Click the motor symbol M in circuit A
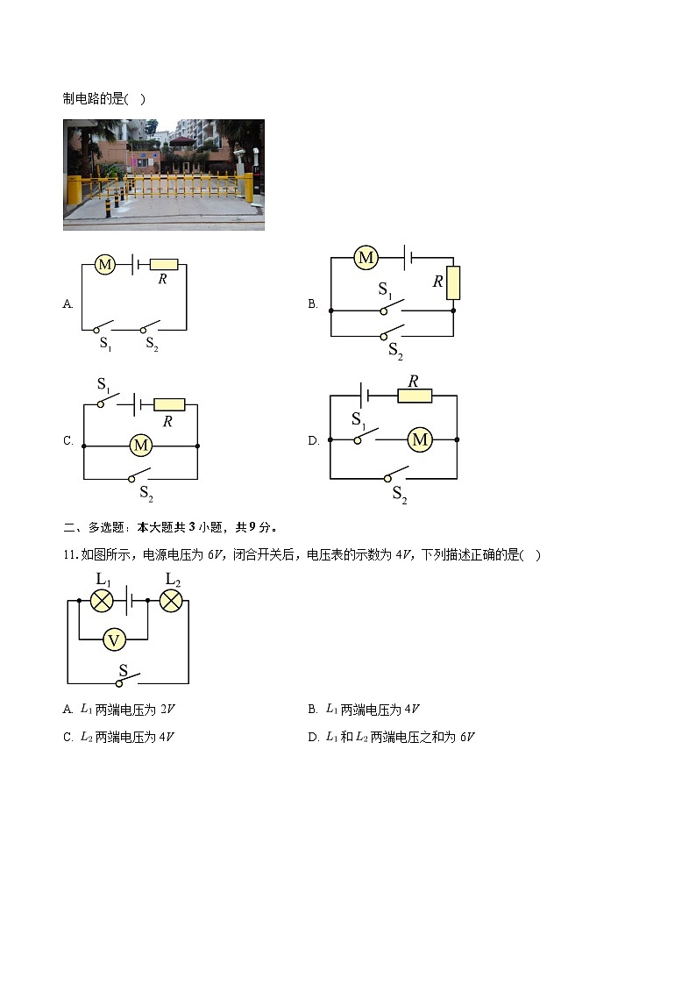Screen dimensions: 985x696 click(104, 264)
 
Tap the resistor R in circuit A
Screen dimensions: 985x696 click(164, 264)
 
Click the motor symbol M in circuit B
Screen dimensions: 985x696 click(366, 258)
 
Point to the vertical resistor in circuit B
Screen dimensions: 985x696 click(453, 282)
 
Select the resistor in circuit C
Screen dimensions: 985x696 click(169, 404)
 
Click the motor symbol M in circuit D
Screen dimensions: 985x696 click(420, 439)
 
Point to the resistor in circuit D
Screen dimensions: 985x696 click(415, 396)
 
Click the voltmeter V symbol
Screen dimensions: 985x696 click(114, 640)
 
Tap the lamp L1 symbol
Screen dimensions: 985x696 click(103, 601)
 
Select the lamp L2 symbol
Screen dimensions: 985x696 click(171, 601)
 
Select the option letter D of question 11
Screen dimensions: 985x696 click(313, 738)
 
